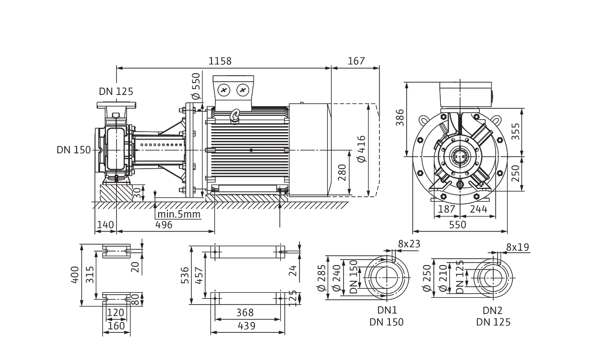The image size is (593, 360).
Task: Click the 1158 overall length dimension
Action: point(219,61)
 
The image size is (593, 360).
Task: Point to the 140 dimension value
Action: point(105,225)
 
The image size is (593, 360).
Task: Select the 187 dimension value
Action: point(448,210)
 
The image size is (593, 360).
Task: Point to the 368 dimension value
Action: point(245,313)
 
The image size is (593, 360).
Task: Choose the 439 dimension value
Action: point(245,326)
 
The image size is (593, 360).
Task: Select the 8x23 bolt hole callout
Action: point(408,244)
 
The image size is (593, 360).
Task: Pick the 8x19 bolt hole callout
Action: point(517,246)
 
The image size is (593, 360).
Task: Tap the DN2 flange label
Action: point(493,310)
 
